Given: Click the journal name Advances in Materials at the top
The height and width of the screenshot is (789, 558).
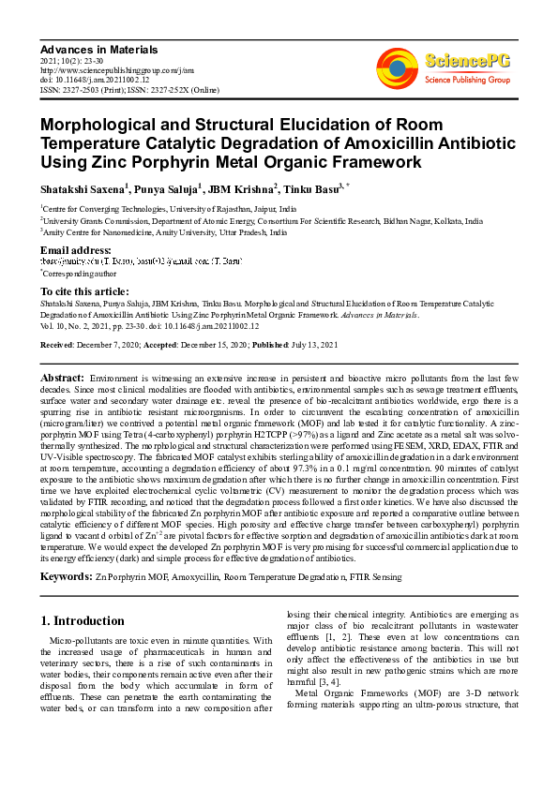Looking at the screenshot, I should coord(98,49).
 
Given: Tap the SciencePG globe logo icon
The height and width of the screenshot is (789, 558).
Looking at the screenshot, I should coord(398,67).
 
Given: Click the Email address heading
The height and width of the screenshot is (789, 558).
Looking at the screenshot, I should coord(75,249).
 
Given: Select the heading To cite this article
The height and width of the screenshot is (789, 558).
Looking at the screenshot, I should coord(86,291).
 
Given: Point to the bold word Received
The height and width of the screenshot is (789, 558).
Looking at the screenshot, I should coord(58,346).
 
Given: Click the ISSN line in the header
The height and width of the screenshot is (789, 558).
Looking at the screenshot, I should coord(125,90).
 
